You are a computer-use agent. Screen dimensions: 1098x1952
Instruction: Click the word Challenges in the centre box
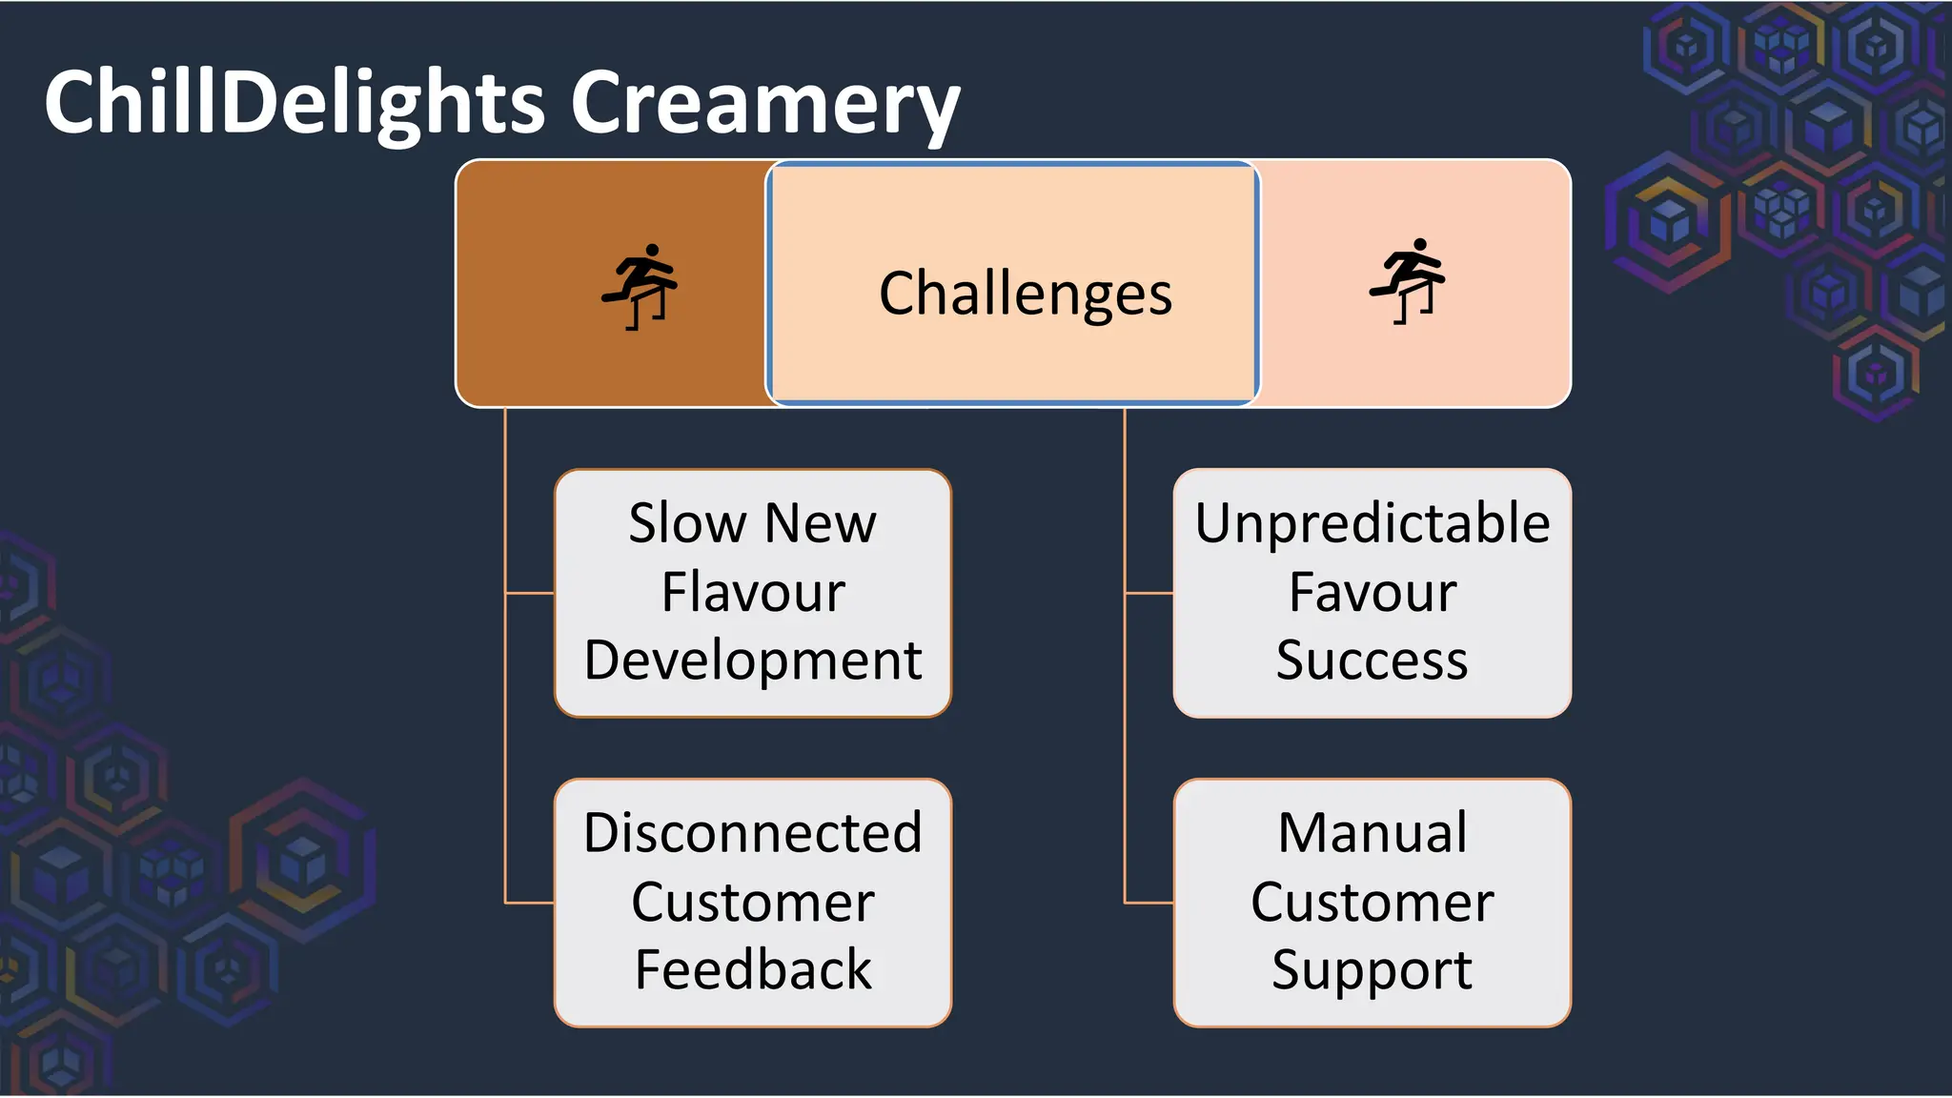tap(1025, 293)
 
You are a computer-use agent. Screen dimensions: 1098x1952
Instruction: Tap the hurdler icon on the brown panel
tap(640, 286)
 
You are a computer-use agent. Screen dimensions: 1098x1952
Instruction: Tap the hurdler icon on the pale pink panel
tap(1408, 281)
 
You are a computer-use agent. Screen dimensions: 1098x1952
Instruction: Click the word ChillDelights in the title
tap(294, 103)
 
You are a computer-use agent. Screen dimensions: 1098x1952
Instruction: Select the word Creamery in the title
tap(764, 103)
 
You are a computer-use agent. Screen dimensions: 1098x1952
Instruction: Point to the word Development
tap(753, 660)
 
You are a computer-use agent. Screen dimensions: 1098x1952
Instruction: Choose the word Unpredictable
tap(1372, 523)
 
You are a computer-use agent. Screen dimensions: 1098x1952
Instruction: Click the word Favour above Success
tap(1372, 592)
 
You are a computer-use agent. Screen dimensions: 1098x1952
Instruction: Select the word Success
tap(1372, 660)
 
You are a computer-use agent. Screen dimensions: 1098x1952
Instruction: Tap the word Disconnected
tap(753, 832)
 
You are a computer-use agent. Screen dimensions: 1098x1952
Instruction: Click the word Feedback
tap(753, 969)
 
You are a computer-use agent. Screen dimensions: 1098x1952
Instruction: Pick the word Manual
tap(1372, 832)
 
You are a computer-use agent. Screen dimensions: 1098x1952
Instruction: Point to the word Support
tap(1372, 969)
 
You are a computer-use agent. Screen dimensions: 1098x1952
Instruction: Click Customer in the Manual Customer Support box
tap(1372, 902)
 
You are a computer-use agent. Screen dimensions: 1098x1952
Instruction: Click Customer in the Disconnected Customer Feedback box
tap(753, 902)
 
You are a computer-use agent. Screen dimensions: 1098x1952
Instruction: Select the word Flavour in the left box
tap(753, 592)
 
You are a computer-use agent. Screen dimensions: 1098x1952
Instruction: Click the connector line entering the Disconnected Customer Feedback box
tap(530, 902)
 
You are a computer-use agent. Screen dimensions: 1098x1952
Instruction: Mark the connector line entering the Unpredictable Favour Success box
tap(1149, 593)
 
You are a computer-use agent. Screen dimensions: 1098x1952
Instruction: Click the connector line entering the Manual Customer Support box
tap(1149, 902)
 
